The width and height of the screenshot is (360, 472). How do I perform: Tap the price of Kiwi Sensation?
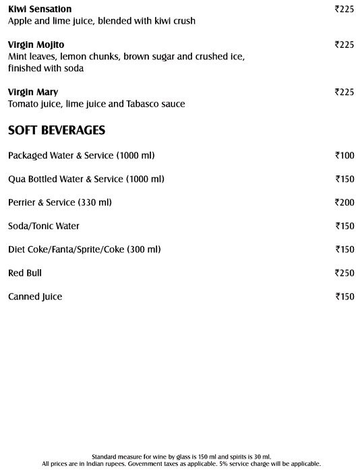(x=344, y=9)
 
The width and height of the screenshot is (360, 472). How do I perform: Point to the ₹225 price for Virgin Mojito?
(x=344, y=45)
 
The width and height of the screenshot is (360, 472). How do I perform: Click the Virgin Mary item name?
(x=32, y=92)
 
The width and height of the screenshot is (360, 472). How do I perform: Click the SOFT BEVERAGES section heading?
(x=56, y=129)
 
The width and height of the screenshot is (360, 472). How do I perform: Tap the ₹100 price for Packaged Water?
(x=344, y=156)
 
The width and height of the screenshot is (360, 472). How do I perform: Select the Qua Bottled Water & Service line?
(x=86, y=179)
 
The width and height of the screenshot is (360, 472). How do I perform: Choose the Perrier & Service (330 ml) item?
(x=60, y=202)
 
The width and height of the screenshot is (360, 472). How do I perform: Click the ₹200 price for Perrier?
(x=344, y=202)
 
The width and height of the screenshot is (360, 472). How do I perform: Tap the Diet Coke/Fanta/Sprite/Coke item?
(x=84, y=249)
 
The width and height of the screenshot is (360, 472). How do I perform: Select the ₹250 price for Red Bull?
(x=344, y=273)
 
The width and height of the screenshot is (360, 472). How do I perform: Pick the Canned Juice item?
(x=35, y=297)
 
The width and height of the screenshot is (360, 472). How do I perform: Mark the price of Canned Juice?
(x=344, y=297)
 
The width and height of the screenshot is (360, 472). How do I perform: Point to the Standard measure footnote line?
(x=179, y=456)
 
